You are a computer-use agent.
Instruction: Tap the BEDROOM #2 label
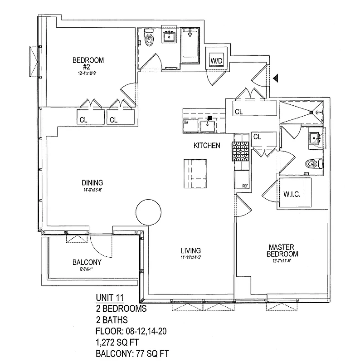coord(88,63)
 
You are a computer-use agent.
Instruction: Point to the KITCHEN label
coord(207,146)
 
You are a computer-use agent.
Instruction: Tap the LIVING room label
coord(190,250)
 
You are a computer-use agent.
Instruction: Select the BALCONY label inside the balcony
coord(87,262)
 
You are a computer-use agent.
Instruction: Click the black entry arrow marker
coord(275,79)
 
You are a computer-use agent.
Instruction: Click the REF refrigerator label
coord(245,186)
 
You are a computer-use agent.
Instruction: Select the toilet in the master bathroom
coord(313,163)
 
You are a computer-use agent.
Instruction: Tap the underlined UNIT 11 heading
coord(110,298)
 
